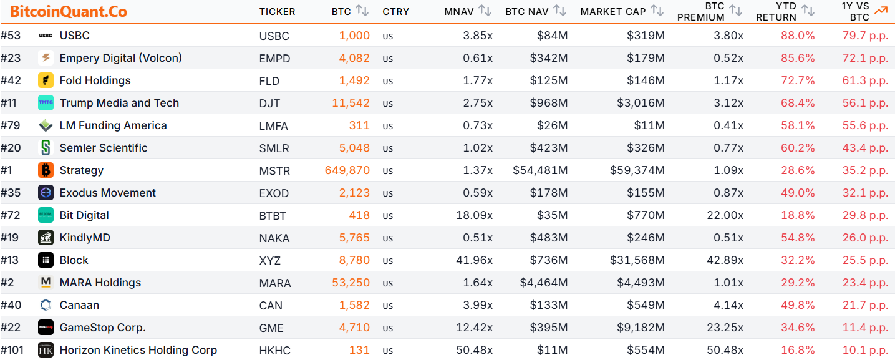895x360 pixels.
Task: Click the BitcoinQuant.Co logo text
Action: [69, 12]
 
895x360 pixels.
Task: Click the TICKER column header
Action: [277, 12]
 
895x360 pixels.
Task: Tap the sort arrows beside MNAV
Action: [485, 11]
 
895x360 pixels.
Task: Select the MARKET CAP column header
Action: [614, 12]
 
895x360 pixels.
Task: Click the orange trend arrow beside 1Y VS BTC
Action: [881, 11]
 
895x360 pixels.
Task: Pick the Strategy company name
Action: [82, 170]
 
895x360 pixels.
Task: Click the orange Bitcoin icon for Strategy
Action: [46, 170]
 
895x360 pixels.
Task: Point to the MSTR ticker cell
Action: [273, 171]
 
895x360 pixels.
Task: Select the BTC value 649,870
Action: [347, 170]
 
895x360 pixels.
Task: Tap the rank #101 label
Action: [12, 350]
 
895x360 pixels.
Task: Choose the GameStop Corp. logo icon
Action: [46, 328]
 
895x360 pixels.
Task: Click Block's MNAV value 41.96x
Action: [475, 261]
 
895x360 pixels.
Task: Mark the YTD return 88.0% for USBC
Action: [798, 36]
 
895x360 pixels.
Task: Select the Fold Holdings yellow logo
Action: [46, 80]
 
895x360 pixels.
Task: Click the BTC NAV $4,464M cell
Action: [544, 283]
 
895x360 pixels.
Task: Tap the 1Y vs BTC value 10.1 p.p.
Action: [865, 351]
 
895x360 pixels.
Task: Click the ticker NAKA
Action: [272, 238]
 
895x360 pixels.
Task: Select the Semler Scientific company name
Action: [104, 148]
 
